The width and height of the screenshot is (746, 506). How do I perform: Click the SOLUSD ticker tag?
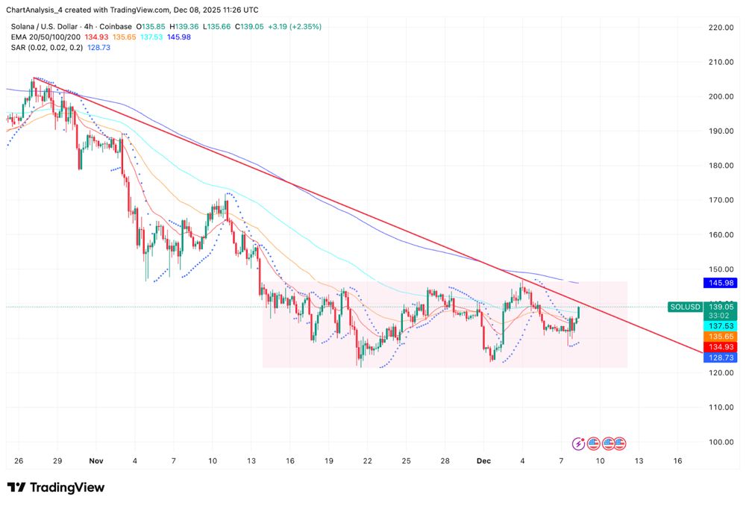(x=684, y=307)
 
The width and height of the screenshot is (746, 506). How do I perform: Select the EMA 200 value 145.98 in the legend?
(x=180, y=37)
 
